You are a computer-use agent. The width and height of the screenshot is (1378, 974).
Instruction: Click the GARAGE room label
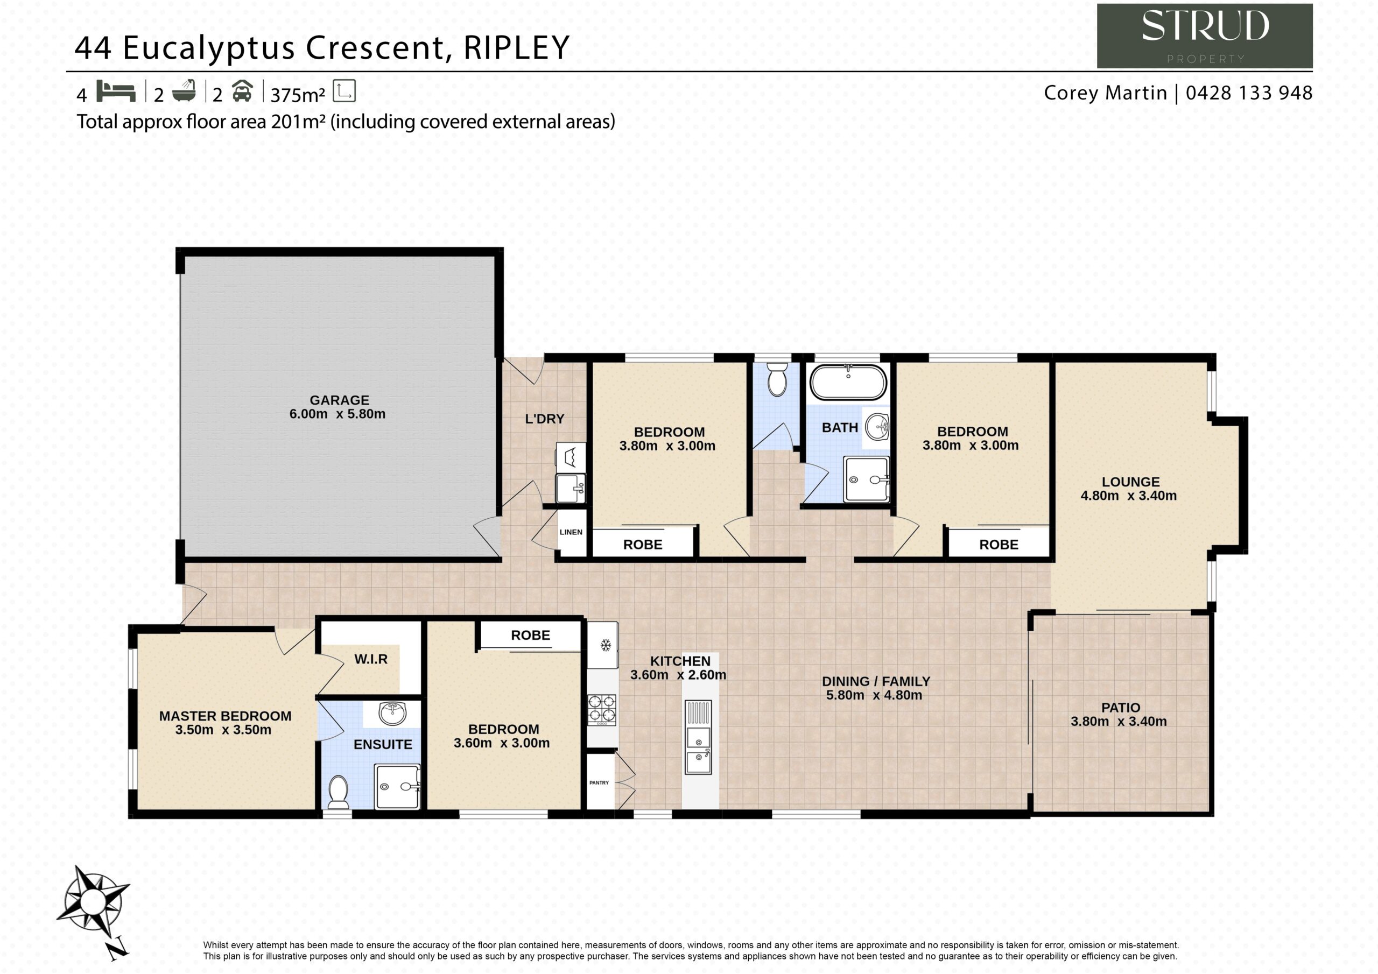point(339,400)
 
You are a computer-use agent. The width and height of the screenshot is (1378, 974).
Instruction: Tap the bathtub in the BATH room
point(847,382)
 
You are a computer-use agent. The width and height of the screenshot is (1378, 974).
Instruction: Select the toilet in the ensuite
point(339,792)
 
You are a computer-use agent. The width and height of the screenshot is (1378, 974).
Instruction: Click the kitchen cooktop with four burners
point(601,709)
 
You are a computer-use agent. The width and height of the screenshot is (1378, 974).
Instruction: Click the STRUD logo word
point(1205,27)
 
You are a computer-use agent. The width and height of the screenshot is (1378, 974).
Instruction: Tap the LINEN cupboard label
point(571,532)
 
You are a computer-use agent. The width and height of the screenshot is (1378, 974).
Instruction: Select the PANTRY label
point(599,782)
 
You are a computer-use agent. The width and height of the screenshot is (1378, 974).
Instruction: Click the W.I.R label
point(371,659)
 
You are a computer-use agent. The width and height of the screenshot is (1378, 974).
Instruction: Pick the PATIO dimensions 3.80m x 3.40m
point(1119,721)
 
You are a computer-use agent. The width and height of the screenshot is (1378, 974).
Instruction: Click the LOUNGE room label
point(1131,482)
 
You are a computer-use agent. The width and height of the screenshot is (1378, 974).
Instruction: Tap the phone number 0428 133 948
point(1249,93)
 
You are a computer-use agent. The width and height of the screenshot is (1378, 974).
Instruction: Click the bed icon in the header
point(116,91)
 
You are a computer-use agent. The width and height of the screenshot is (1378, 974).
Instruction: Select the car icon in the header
point(242,90)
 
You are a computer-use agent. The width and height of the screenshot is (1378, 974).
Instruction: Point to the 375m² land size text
point(298,95)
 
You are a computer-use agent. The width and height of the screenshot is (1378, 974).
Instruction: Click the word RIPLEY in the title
point(516,48)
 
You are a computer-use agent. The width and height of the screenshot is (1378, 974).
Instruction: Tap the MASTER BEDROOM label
point(225,716)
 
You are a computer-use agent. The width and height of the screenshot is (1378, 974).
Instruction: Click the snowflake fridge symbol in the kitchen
point(606,645)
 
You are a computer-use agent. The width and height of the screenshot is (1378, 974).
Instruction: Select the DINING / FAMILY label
point(876,681)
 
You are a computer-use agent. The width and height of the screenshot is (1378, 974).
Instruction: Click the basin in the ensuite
point(392,714)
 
